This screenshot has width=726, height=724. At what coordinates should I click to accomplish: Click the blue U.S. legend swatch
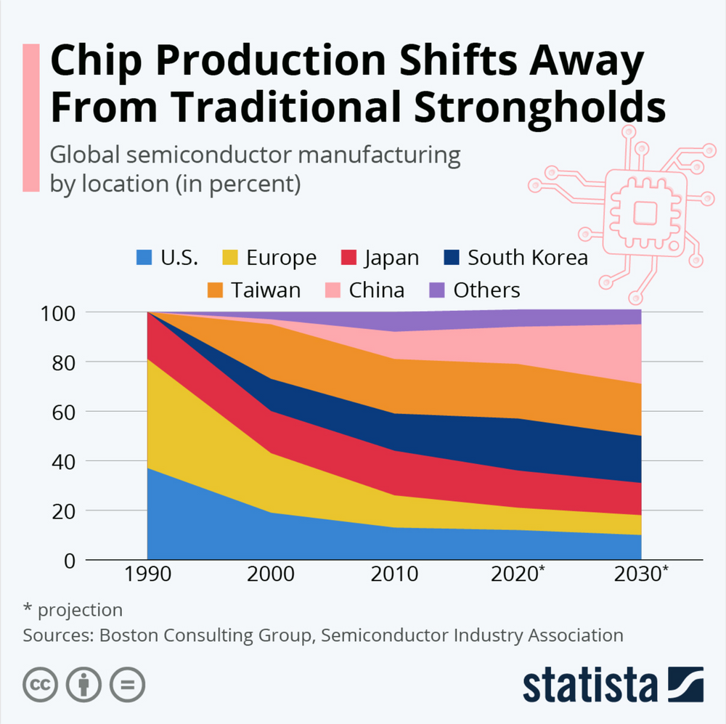pyautogui.click(x=145, y=258)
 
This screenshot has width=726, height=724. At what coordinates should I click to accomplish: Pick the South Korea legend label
pyautogui.click(x=527, y=258)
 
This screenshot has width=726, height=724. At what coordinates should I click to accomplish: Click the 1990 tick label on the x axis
pyautogui.click(x=147, y=575)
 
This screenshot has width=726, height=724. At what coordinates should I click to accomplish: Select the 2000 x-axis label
pyautogui.click(x=271, y=575)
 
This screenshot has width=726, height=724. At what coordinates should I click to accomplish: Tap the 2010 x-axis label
pyautogui.click(x=394, y=575)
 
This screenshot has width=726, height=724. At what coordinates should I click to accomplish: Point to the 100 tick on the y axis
pyautogui.click(x=59, y=313)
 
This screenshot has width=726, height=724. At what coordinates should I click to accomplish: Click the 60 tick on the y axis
pyautogui.click(x=63, y=412)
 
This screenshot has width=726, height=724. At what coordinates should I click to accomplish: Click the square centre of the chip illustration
pyautogui.click(x=644, y=212)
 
